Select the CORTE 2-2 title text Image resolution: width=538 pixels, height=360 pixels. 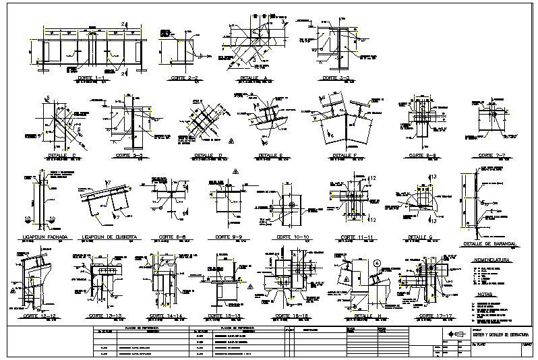coord(184,78)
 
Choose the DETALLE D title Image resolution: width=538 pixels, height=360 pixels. coord(205,156)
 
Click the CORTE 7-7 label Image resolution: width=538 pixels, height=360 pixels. coord(494,156)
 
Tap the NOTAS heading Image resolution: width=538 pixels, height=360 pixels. coord(483,295)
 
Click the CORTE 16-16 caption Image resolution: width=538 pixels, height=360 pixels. coord(291,316)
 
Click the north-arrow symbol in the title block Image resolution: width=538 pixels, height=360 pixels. coord(451,334)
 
